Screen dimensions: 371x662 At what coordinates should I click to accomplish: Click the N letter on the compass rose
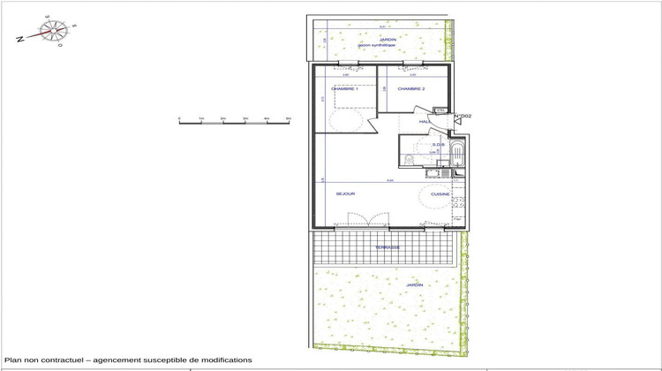tap(19, 38)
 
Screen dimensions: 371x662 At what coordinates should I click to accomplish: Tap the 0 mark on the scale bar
tap(179, 117)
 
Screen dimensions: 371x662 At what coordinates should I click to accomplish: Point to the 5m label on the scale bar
tap(289, 117)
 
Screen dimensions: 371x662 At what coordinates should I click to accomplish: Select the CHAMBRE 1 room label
tap(343, 89)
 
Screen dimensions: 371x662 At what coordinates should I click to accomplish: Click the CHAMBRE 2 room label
tap(411, 89)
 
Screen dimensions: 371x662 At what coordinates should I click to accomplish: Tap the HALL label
tap(425, 122)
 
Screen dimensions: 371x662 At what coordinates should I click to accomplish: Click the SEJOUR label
tap(345, 193)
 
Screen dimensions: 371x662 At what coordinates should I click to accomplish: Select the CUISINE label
tap(440, 193)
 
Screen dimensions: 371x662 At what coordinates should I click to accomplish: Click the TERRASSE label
tap(387, 247)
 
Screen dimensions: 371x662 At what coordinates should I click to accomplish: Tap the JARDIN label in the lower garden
tap(414, 285)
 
